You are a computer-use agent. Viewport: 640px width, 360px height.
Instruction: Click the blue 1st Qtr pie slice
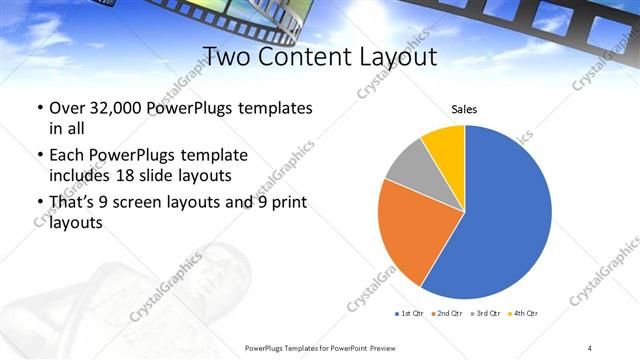click(x=505, y=220)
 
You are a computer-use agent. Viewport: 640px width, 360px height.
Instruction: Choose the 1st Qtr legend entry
click(x=410, y=314)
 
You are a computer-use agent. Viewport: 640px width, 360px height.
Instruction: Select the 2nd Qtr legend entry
click(x=446, y=314)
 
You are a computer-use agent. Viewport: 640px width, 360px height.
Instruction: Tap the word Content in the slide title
click(x=301, y=55)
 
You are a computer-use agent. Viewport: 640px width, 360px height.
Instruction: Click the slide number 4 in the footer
click(x=590, y=347)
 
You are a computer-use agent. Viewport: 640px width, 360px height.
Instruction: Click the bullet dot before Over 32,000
click(x=38, y=108)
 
